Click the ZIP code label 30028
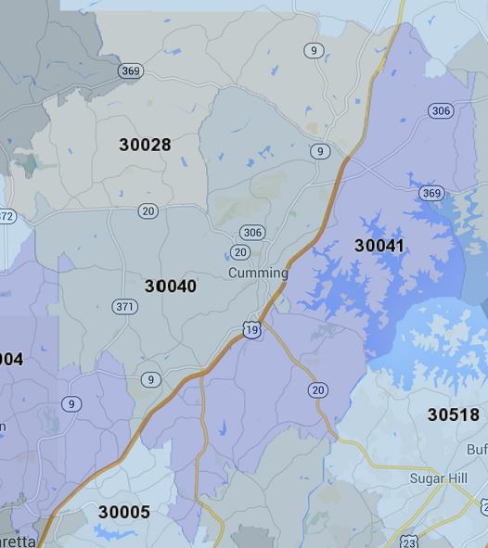(146, 145)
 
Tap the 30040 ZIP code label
(171, 287)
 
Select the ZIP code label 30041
(379, 246)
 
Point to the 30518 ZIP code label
(453, 414)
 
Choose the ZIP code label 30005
(123, 512)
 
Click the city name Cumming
(258, 273)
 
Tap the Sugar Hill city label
(439, 478)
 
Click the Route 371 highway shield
(124, 307)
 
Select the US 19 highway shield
(251, 329)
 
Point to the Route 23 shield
(409, 542)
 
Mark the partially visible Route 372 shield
(6, 216)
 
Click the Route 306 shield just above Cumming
(251, 233)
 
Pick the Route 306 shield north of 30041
(441, 111)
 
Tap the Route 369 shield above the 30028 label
(130, 71)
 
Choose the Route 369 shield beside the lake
(431, 193)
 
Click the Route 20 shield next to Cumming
(240, 252)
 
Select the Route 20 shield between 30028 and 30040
(148, 211)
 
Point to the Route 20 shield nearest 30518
(318, 390)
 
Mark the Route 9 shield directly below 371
(151, 380)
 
